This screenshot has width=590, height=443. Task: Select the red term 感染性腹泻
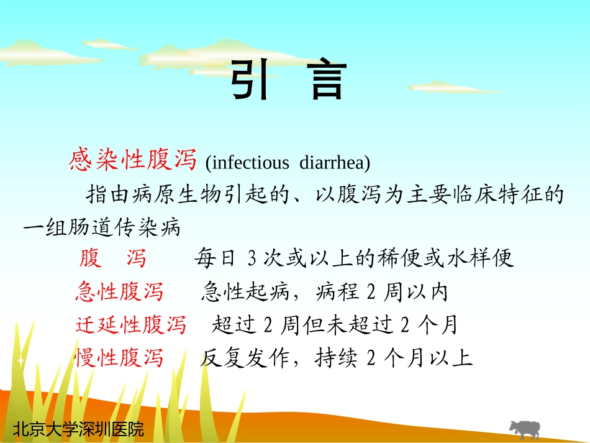point(133,161)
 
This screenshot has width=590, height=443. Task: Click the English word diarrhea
point(334,163)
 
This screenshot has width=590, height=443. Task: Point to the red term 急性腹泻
point(119,291)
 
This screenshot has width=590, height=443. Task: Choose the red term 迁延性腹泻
point(130,324)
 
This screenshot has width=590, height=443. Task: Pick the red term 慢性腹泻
point(119,358)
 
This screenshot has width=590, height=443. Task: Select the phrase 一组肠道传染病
point(102,227)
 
